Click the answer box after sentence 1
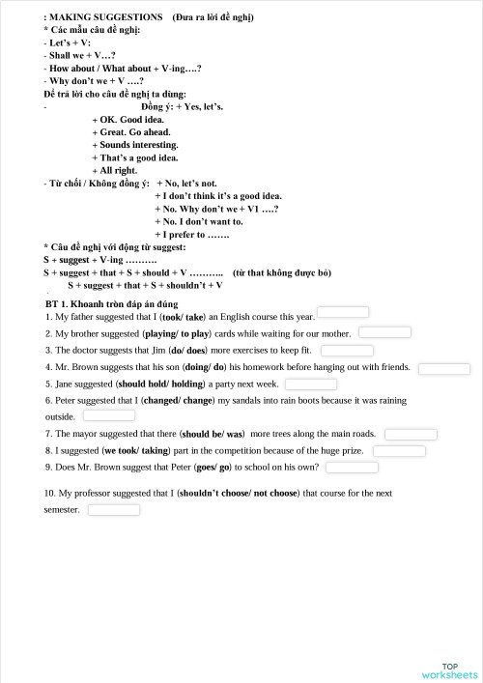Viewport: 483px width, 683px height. click(343, 312)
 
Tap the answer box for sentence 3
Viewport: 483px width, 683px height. click(347, 350)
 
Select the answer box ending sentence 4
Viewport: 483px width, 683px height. click(444, 368)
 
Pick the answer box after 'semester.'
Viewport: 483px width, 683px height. click(114, 509)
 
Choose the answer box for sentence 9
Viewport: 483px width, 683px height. click(352, 468)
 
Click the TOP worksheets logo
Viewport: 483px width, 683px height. click(449, 669)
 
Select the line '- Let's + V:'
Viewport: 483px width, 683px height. click(67, 43)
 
